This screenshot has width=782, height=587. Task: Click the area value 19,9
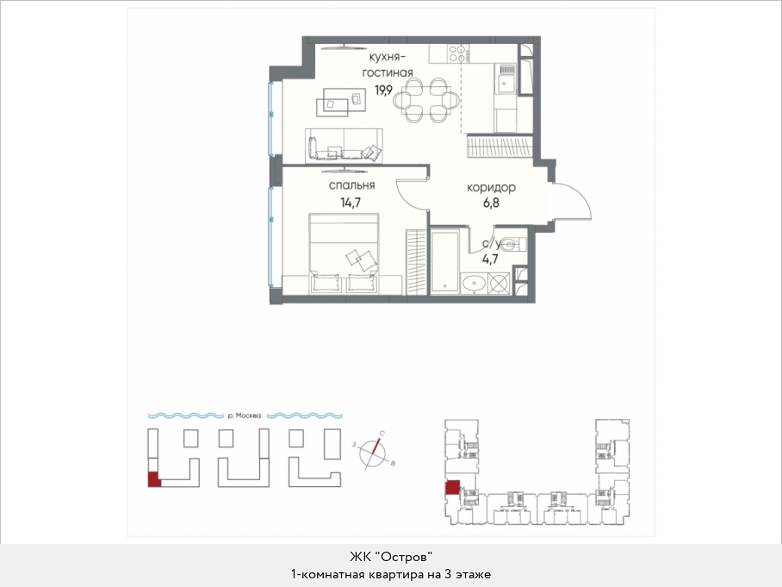(x=384, y=91)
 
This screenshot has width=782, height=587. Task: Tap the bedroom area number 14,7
(x=351, y=203)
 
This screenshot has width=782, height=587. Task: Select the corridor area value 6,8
(x=491, y=203)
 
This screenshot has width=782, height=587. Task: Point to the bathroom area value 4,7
(x=490, y=259)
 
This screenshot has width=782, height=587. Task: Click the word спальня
(x=351, y=185)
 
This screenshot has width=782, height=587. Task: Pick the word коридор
(x=491, y=188)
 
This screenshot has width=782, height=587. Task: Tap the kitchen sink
(x=506, y=78)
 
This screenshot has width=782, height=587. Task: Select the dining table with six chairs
(x=425, y=100)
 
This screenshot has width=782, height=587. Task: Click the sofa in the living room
(x=344, y=146)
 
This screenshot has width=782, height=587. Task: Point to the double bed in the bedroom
(x=344, y=253)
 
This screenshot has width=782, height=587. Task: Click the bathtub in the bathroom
(x=445, y=262)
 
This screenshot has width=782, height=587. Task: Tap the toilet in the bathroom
(x=510, y=244)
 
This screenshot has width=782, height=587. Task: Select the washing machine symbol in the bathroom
(x=499, y=283)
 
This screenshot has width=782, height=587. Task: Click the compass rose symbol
(x=374, y=452)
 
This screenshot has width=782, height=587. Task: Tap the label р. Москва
(x=244, y=415)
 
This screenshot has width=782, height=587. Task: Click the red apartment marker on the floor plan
(x=452, y=488)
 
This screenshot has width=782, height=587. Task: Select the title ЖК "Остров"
(x=390, y=556)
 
